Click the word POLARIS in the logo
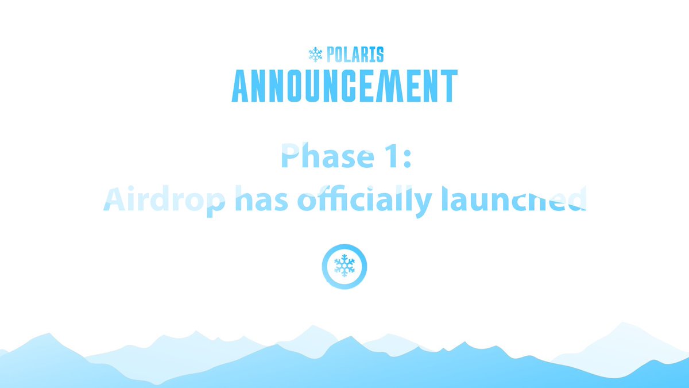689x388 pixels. tap(355, 55)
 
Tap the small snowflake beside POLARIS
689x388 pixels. tap(315, 55)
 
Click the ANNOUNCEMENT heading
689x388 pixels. tap(344, 86)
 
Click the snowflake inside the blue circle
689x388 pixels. tap(344, 266)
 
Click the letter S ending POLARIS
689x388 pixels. tap(379, 55)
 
